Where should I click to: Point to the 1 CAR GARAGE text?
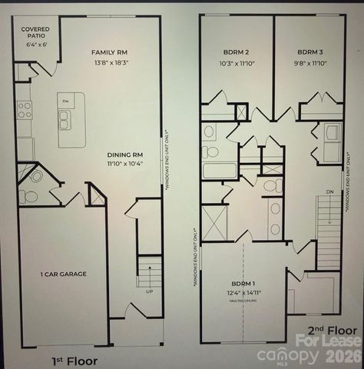(x=64, y=274)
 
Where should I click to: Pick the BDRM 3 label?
(x=313, y=52)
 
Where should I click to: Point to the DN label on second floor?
(x=330, y=192)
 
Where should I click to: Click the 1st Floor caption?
(x=76, y=359)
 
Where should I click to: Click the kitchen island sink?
(x=65, y=119)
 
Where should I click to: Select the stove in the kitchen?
(x=25, y=110)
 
